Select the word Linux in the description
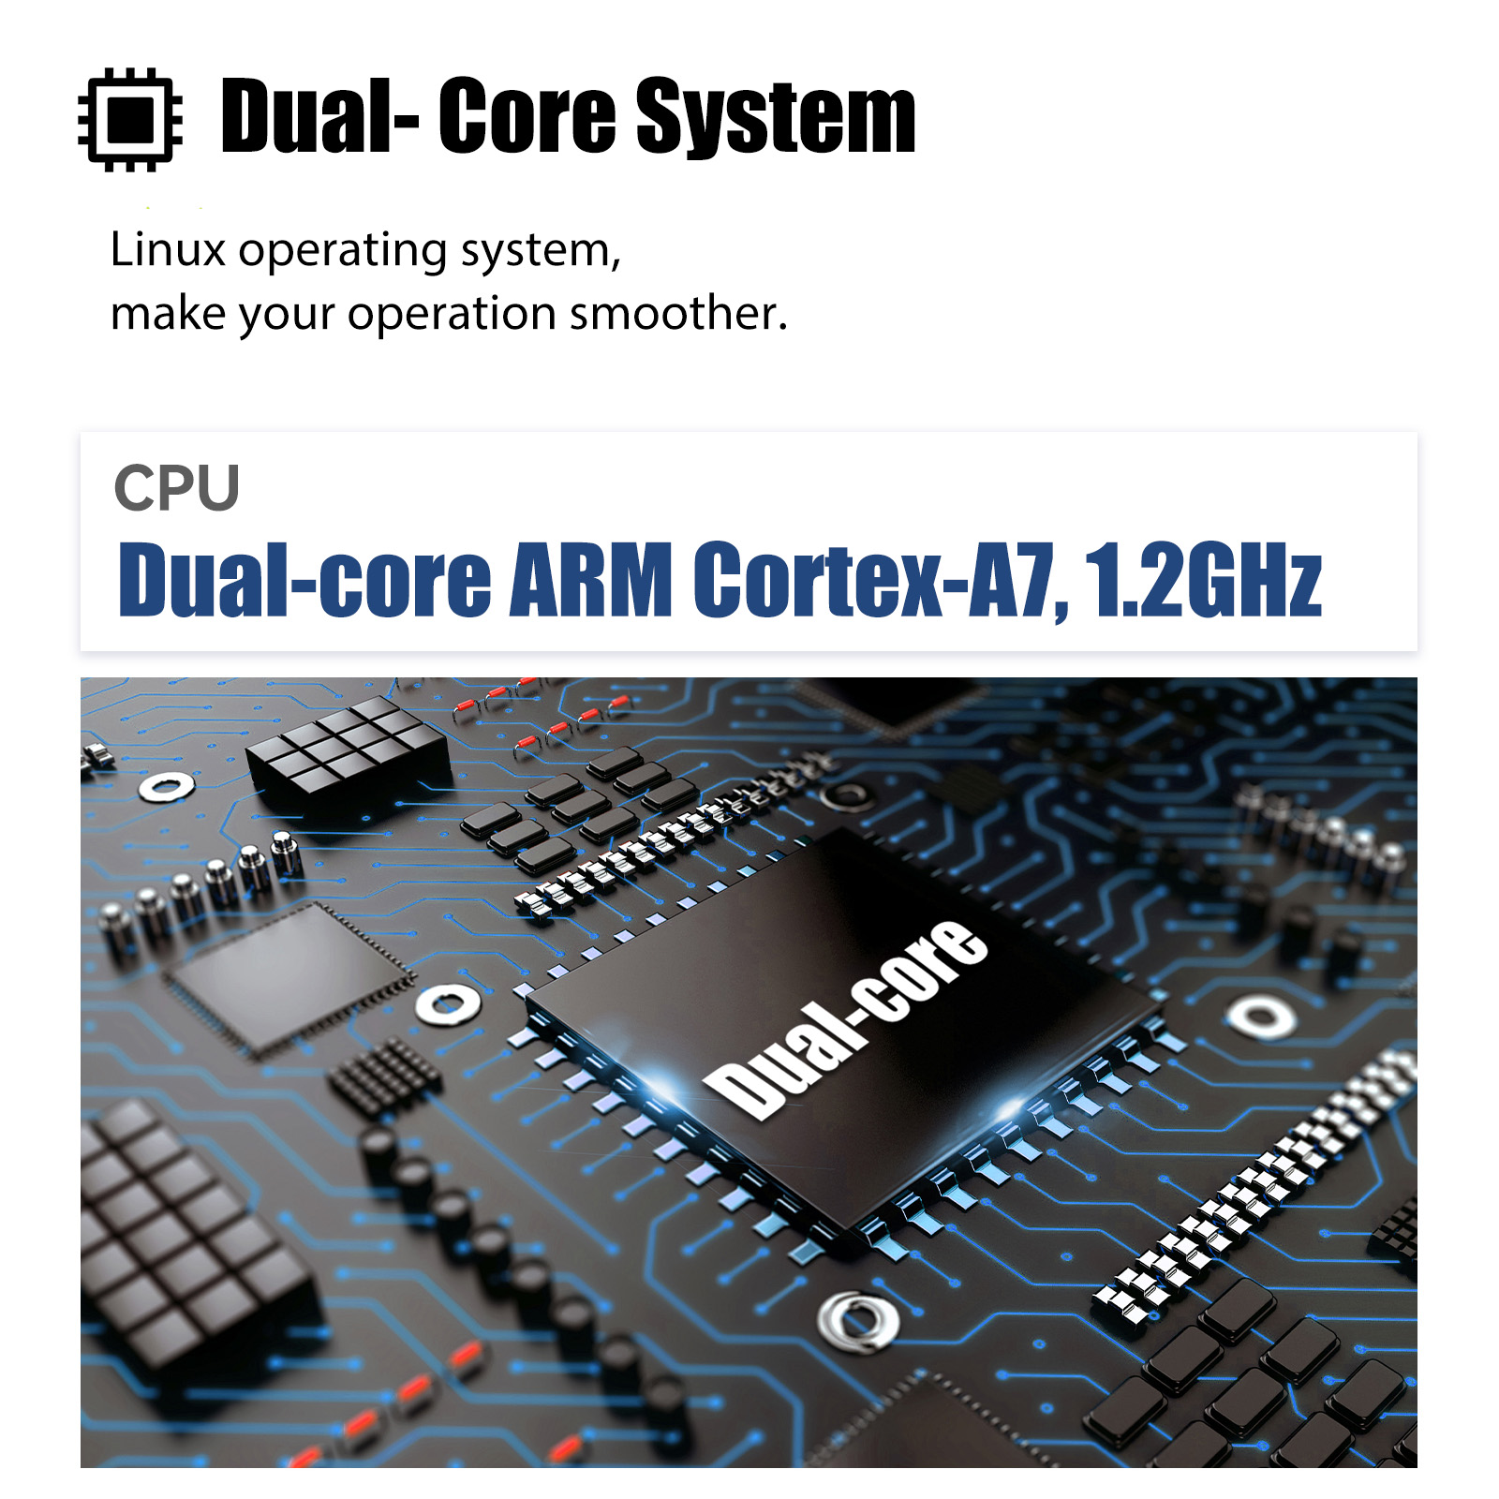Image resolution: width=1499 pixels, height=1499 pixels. pyautogui.click(x=168, y=250)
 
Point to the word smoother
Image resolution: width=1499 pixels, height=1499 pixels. pyautogui.click(x=678, y=313)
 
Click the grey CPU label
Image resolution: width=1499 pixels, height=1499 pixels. pyautogui.click(x=176, y=488)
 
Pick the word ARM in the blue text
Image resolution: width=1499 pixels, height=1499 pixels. pyautogui.click(x=590, y=580)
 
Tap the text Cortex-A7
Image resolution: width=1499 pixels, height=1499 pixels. pyautogui.click(x=877, y=580)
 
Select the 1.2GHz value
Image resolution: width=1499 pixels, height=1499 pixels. pyautogui.click(x=1203, y=580)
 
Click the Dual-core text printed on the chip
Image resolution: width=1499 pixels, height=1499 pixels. pyautogui.click(x=845, y=1018)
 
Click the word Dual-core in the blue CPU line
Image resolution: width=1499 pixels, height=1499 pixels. pyautogui.click(x=304, y=580)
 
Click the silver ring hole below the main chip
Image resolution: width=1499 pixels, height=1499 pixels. pyautogui.click(x=858, y=1319)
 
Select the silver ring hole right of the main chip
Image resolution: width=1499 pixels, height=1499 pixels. pyautogui.click(x=1262, y=1016)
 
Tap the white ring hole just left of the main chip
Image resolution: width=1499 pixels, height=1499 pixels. pyautogui.click(x=449, y=1004)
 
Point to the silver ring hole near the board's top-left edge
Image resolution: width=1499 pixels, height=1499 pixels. pyautogui.click(x=167, y=785)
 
